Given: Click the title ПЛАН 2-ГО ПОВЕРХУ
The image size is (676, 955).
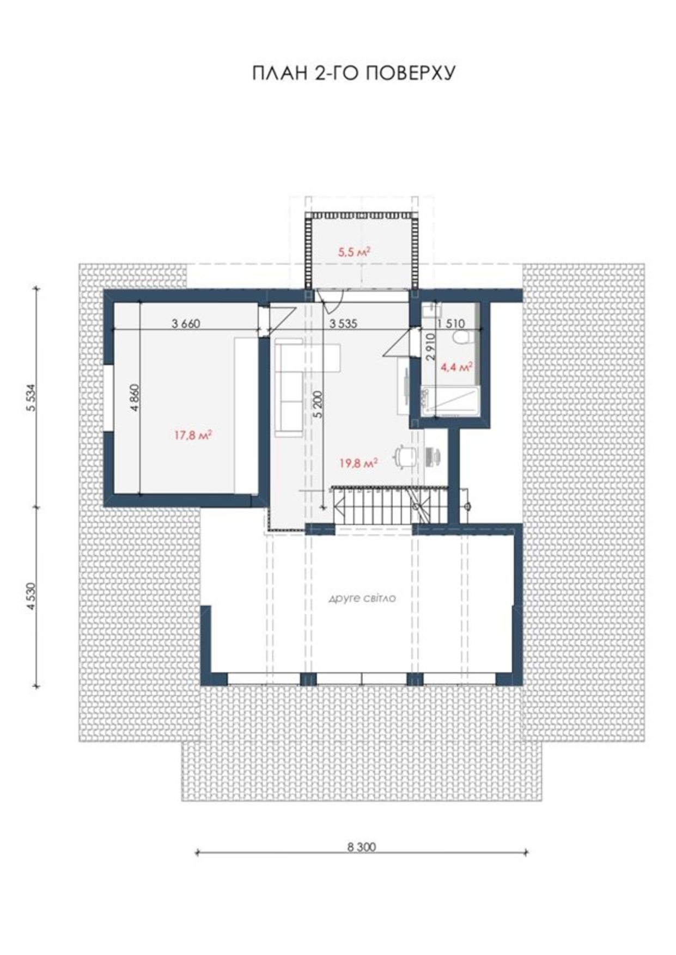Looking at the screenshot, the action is [354, 73].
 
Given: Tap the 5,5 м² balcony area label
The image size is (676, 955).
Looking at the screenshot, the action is [354, 252].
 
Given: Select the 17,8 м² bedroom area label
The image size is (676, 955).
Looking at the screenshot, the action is [193, 435].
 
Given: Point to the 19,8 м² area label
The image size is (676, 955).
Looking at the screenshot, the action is [359, 463].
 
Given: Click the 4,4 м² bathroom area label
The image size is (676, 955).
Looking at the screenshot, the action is [455, 368].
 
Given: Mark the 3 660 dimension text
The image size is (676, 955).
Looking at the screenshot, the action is [186, 324].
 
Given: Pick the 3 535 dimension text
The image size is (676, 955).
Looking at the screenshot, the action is [343, 324].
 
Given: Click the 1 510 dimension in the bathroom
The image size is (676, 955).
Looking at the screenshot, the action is [452, 324].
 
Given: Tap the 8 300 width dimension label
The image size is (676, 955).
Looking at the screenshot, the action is [361, 847].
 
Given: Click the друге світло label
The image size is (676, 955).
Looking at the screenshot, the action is [362, 598].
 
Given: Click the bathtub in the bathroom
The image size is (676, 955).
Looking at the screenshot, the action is [450, 401].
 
